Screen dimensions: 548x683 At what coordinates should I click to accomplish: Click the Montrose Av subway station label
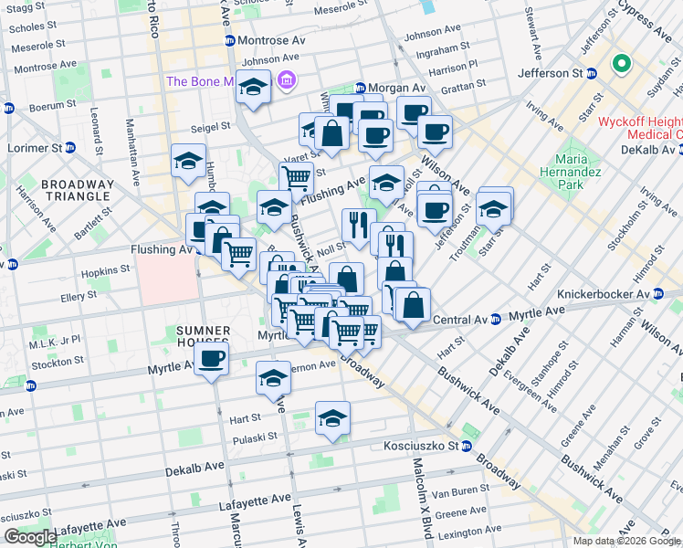coord(271,41)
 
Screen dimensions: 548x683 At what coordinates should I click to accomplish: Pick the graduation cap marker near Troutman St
coord(494,209)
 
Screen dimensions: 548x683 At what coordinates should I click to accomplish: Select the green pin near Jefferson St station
coord(622,64)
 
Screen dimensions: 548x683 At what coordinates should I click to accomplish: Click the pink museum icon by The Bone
coord(288,82)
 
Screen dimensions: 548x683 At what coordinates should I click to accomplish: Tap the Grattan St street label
coord(463,90)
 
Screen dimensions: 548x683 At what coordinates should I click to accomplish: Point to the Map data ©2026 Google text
coord(625,541)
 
